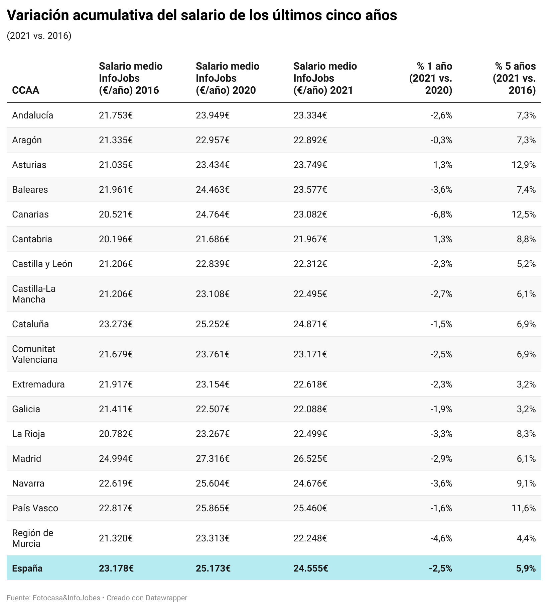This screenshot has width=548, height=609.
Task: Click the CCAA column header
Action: (25, 90)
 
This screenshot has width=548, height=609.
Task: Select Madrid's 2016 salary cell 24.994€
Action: (116, 458)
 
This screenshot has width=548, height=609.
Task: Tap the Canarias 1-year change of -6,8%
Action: (441, 214)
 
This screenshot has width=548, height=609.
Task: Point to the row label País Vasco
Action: (35, 508)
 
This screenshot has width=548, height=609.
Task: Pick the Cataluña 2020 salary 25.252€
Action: (213, 324)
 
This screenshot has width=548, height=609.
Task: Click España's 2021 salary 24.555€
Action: (310, 568)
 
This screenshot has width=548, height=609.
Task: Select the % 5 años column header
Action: (514, 78)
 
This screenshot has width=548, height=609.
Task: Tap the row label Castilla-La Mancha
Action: (33, 294)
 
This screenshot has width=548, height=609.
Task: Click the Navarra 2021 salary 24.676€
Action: (310, 483)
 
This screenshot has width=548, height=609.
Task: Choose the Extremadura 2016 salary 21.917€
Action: (116, 384)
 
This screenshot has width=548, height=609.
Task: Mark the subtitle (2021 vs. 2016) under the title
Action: (39, 36)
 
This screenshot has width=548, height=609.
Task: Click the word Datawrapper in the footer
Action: (166, 598)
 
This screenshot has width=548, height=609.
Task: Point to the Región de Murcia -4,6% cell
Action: (441, 538)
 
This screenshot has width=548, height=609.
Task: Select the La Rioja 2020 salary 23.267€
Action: (213, 434)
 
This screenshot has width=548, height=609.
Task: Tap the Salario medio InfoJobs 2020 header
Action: (227, 78)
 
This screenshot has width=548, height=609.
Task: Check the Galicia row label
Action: (26, 409)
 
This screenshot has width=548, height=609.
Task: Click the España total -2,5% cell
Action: (440, 568)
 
